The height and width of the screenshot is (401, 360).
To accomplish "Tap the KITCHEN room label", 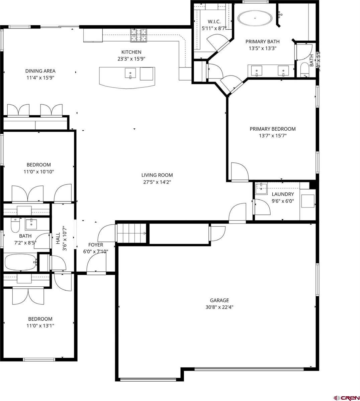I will [131, 52].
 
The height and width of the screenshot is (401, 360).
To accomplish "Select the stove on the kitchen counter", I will [139, 36].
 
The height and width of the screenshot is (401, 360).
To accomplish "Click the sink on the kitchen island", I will [130, 73].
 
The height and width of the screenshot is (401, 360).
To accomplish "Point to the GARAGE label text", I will [219, 300].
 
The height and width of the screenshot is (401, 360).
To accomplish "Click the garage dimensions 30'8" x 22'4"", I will [219, 307].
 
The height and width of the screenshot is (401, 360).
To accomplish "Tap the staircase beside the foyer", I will [131, 233].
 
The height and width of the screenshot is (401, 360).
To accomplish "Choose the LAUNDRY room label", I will [283, 194].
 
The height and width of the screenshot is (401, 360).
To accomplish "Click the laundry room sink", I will [261, 188].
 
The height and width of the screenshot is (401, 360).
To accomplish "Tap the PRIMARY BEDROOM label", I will [273, 129].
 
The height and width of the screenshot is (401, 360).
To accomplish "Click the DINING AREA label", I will [40, 71].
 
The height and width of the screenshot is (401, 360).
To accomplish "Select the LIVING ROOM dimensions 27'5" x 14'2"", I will [157, 182].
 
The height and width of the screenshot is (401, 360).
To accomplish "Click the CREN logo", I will [346, 397].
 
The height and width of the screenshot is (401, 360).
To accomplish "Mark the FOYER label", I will [95, 245].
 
